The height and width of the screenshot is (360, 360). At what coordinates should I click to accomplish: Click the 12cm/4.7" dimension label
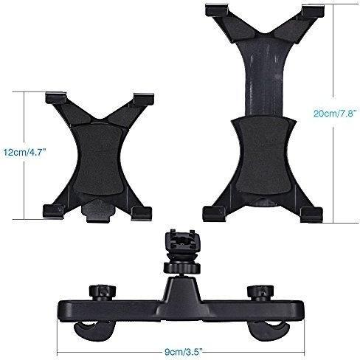pos(25,153)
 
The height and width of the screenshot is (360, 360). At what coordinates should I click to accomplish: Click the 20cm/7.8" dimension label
pos(335,114)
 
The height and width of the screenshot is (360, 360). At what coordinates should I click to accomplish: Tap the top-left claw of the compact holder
pos(56,97)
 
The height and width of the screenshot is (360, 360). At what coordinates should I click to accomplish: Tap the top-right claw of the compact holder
pos(144,99)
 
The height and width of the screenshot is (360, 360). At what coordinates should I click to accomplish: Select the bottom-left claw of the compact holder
pos(54,211)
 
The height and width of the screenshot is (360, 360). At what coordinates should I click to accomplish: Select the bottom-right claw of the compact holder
pos(142,213)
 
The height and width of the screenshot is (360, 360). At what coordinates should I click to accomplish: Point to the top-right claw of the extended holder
pos(313,11)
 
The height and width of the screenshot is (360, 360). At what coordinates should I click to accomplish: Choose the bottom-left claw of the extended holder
pos(213,214)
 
